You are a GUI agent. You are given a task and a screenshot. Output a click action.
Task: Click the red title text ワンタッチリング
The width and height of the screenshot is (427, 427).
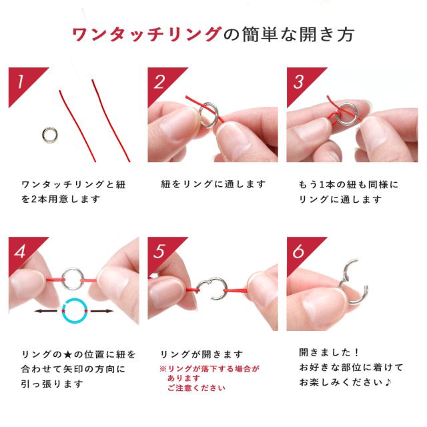[147, 35]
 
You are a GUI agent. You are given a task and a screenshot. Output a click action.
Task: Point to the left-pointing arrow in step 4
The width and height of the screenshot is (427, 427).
[46, 311]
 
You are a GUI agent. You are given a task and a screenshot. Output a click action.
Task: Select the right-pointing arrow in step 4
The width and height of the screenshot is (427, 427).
[101, 311]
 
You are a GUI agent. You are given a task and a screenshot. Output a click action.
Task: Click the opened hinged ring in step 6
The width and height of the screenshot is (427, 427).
[364, 293]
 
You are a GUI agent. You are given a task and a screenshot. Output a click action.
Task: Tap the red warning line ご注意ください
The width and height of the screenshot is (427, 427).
[196, 388]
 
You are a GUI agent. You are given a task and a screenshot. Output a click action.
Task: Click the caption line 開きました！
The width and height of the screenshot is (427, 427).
[329, 353]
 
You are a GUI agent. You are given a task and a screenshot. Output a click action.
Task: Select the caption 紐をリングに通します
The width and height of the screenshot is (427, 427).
[213, 184]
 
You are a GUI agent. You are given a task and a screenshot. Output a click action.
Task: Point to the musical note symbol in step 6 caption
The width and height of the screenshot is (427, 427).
[388, 382]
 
